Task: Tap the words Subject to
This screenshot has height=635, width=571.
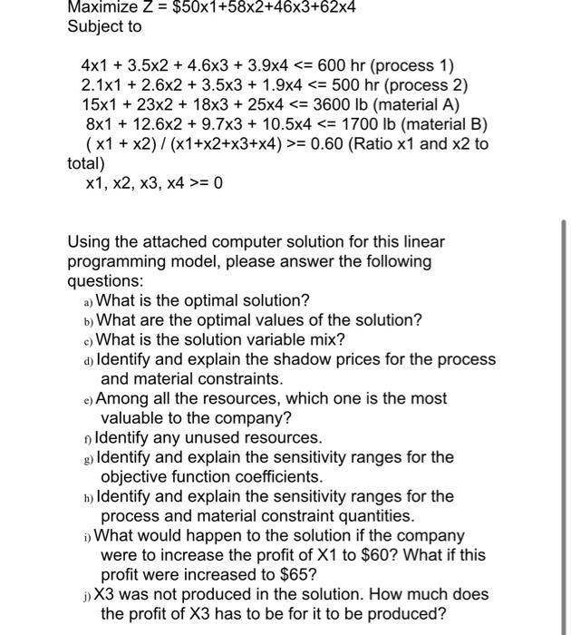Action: click(x=104, y=26)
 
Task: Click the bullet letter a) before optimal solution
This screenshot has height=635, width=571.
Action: click(x=87, y=301)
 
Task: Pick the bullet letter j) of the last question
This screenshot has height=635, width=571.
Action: click(x=87, y=595)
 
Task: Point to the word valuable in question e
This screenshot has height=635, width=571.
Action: click(x=132, y=418)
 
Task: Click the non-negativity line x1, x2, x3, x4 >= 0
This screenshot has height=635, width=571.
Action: click(x=153, y=183)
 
